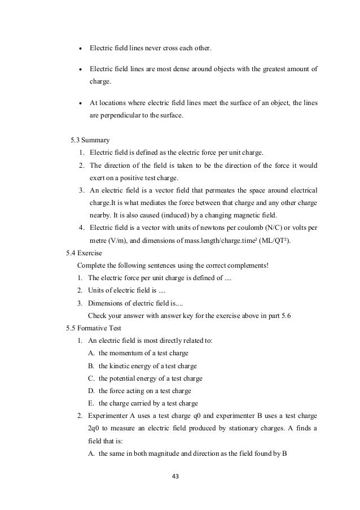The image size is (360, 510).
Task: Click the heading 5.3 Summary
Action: [90, 138]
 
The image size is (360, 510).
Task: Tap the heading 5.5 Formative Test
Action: [94, 328]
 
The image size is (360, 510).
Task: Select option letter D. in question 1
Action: [91, 391]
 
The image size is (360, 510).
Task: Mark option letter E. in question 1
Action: [91, 403]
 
